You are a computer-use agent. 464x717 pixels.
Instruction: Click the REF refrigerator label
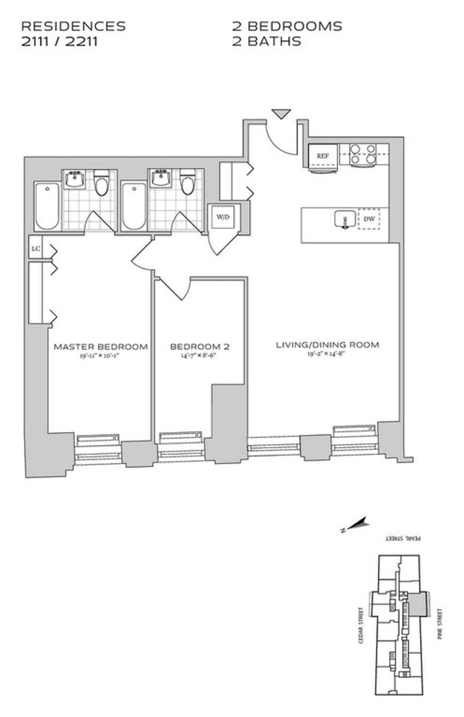pos(323,155)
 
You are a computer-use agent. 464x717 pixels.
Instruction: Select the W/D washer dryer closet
pos(223,217)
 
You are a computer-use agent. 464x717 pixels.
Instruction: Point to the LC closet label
pos(36,249)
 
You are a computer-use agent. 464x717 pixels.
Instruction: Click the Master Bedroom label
pos(100,346)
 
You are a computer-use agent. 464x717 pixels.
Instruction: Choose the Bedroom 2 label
pos(200,346)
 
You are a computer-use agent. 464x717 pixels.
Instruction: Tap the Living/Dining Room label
pos(327,345)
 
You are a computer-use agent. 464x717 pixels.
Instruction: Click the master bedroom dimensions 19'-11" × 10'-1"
pos(100,356)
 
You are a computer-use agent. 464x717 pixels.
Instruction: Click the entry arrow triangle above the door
pos(281,114)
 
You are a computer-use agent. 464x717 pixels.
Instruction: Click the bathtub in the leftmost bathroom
pos(46,207)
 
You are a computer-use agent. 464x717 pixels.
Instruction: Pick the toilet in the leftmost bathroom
pos(102,183)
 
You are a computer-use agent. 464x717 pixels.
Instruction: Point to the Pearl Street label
pos(405,539)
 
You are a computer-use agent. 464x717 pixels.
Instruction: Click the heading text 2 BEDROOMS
pos(287,26)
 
